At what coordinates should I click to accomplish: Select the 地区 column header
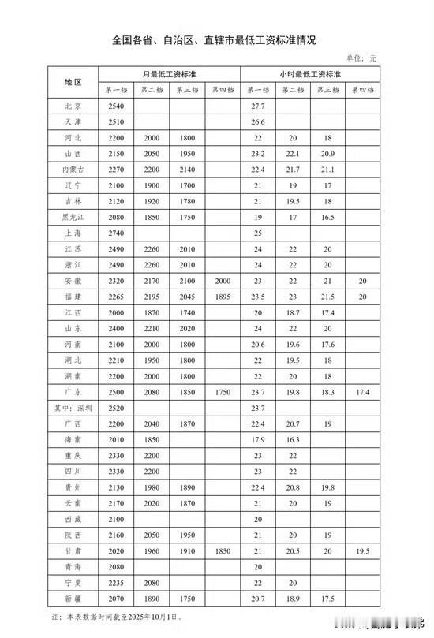coord(73,82)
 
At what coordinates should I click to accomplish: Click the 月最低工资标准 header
coord(169,74)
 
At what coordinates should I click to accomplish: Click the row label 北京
coord(73,105)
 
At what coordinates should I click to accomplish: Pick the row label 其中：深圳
coord(73,409)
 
